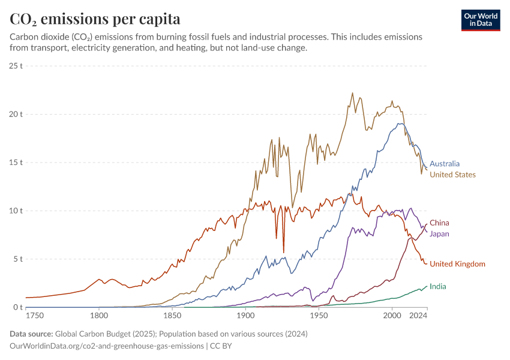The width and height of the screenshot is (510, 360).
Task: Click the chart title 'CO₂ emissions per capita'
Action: [x=95, y=19]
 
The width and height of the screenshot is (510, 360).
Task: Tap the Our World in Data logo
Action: [x=481, y=20]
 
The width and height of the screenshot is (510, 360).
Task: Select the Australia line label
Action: [x=445, y=163]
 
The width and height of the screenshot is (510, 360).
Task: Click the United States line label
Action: [x=452, y=175]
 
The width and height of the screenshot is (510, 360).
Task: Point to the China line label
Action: [x=439, y=223]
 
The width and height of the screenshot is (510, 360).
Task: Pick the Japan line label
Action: [x=439, y=233]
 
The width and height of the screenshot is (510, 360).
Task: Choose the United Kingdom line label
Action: [x=457, y=264]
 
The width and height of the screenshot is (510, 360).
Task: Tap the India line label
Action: [x=437, y=286]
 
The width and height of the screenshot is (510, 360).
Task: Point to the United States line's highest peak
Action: [x=352, y=93]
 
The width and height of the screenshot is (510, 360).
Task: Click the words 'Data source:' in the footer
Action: [x=32, y=334]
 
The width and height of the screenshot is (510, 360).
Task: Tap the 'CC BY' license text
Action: [x=220, y=346]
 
